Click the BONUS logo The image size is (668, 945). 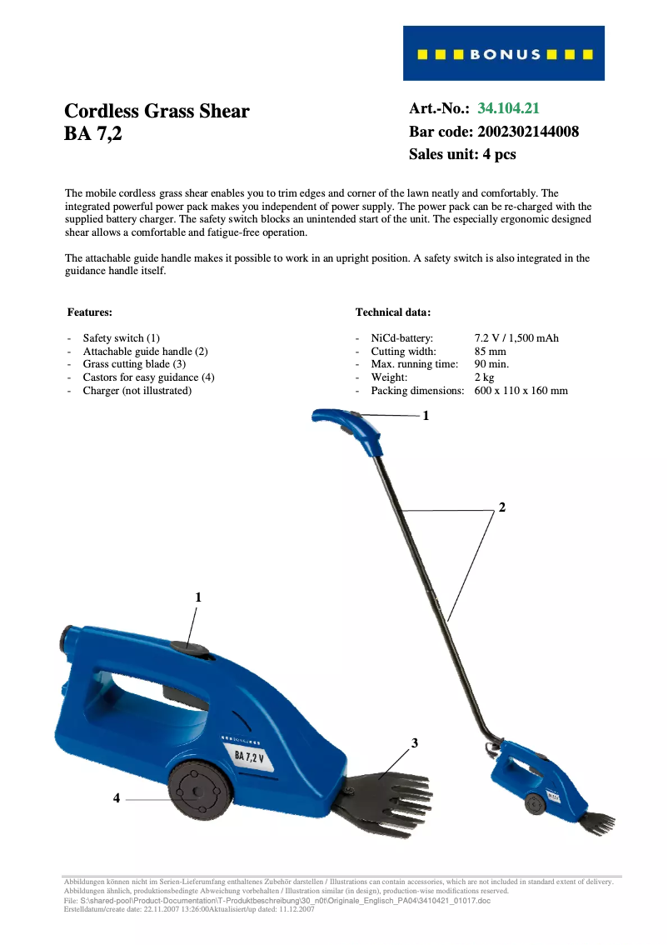504,54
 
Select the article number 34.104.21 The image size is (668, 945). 509,108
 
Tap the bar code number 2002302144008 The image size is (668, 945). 528,132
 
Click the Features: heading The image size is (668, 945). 89,312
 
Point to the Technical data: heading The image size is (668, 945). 393,312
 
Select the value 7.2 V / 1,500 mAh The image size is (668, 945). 516,338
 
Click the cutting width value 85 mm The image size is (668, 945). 490,352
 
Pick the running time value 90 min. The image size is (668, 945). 491,364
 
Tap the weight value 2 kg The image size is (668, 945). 484,377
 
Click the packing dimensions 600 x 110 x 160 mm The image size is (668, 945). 521,391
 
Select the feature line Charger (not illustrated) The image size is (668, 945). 137,391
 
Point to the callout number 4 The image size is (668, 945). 117,798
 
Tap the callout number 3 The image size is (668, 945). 414,742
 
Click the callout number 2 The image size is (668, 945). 501,507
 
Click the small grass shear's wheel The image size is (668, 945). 533,803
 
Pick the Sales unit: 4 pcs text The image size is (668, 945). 462,155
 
